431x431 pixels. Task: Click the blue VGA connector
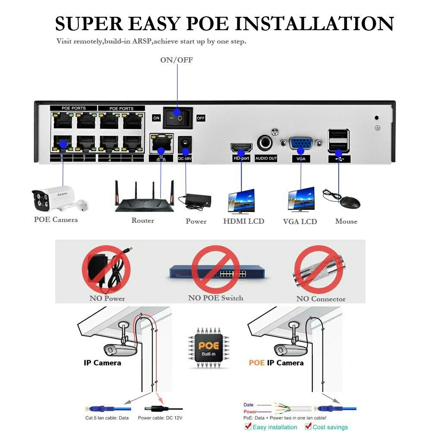coord(301,144)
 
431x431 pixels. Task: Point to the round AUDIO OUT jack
coord(265,144)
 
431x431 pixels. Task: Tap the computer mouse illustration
coord(347,200)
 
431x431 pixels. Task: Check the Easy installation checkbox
coord(247,427)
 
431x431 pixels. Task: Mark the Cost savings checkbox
coord(308,427)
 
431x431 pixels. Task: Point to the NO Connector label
coord(321,299)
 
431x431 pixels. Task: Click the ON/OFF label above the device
coord(177,60)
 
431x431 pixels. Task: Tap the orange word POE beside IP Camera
coord(256,363)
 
